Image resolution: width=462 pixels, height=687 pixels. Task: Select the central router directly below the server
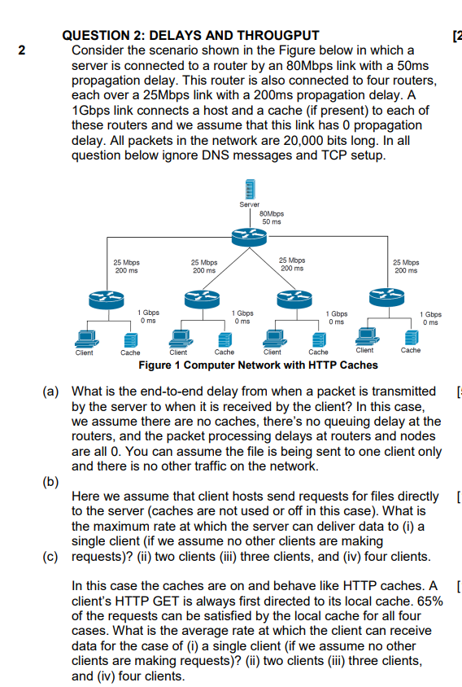click(250, 237)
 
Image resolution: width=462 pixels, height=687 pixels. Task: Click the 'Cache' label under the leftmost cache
click(130, 352)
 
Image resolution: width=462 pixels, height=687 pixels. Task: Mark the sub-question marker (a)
click(50, 392)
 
